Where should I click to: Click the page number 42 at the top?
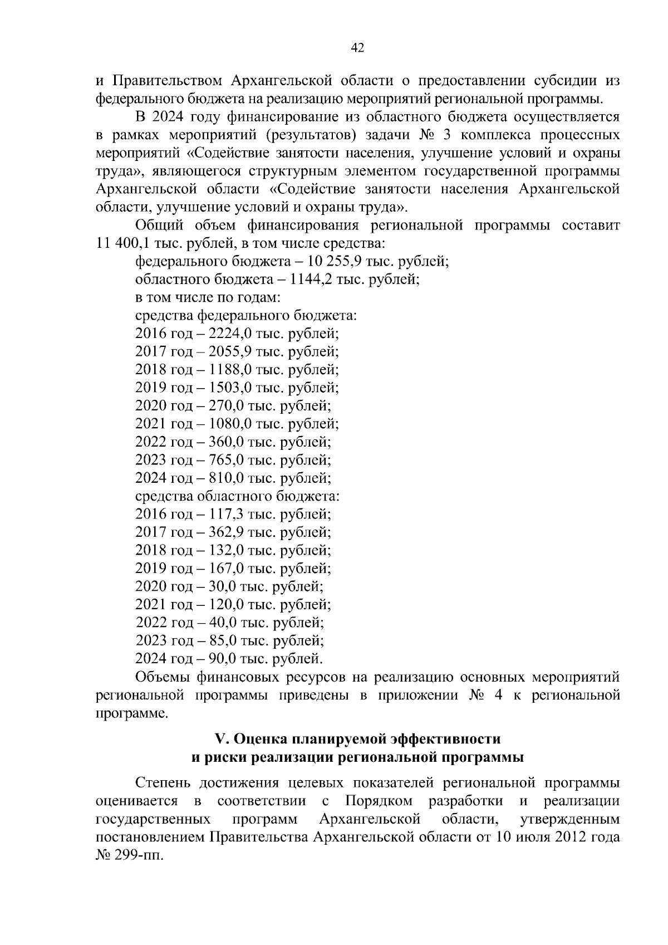pyautogui.click(x=357, y=48)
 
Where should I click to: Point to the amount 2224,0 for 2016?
pyautogui.click(x=228, y=334)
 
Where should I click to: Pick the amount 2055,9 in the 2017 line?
pyautogui.click(x=228, y=351)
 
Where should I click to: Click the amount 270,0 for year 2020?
pyautogui.click(x=224, y=405)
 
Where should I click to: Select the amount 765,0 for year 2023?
pyautogui.click(x=224, y=460)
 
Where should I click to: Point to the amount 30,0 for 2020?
pyautogui.click(x=220, y=586)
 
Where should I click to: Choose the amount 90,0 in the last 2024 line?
pyautogui.click(x=220, y=659)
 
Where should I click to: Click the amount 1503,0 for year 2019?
pyautogui.click(x=228, y=388)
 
